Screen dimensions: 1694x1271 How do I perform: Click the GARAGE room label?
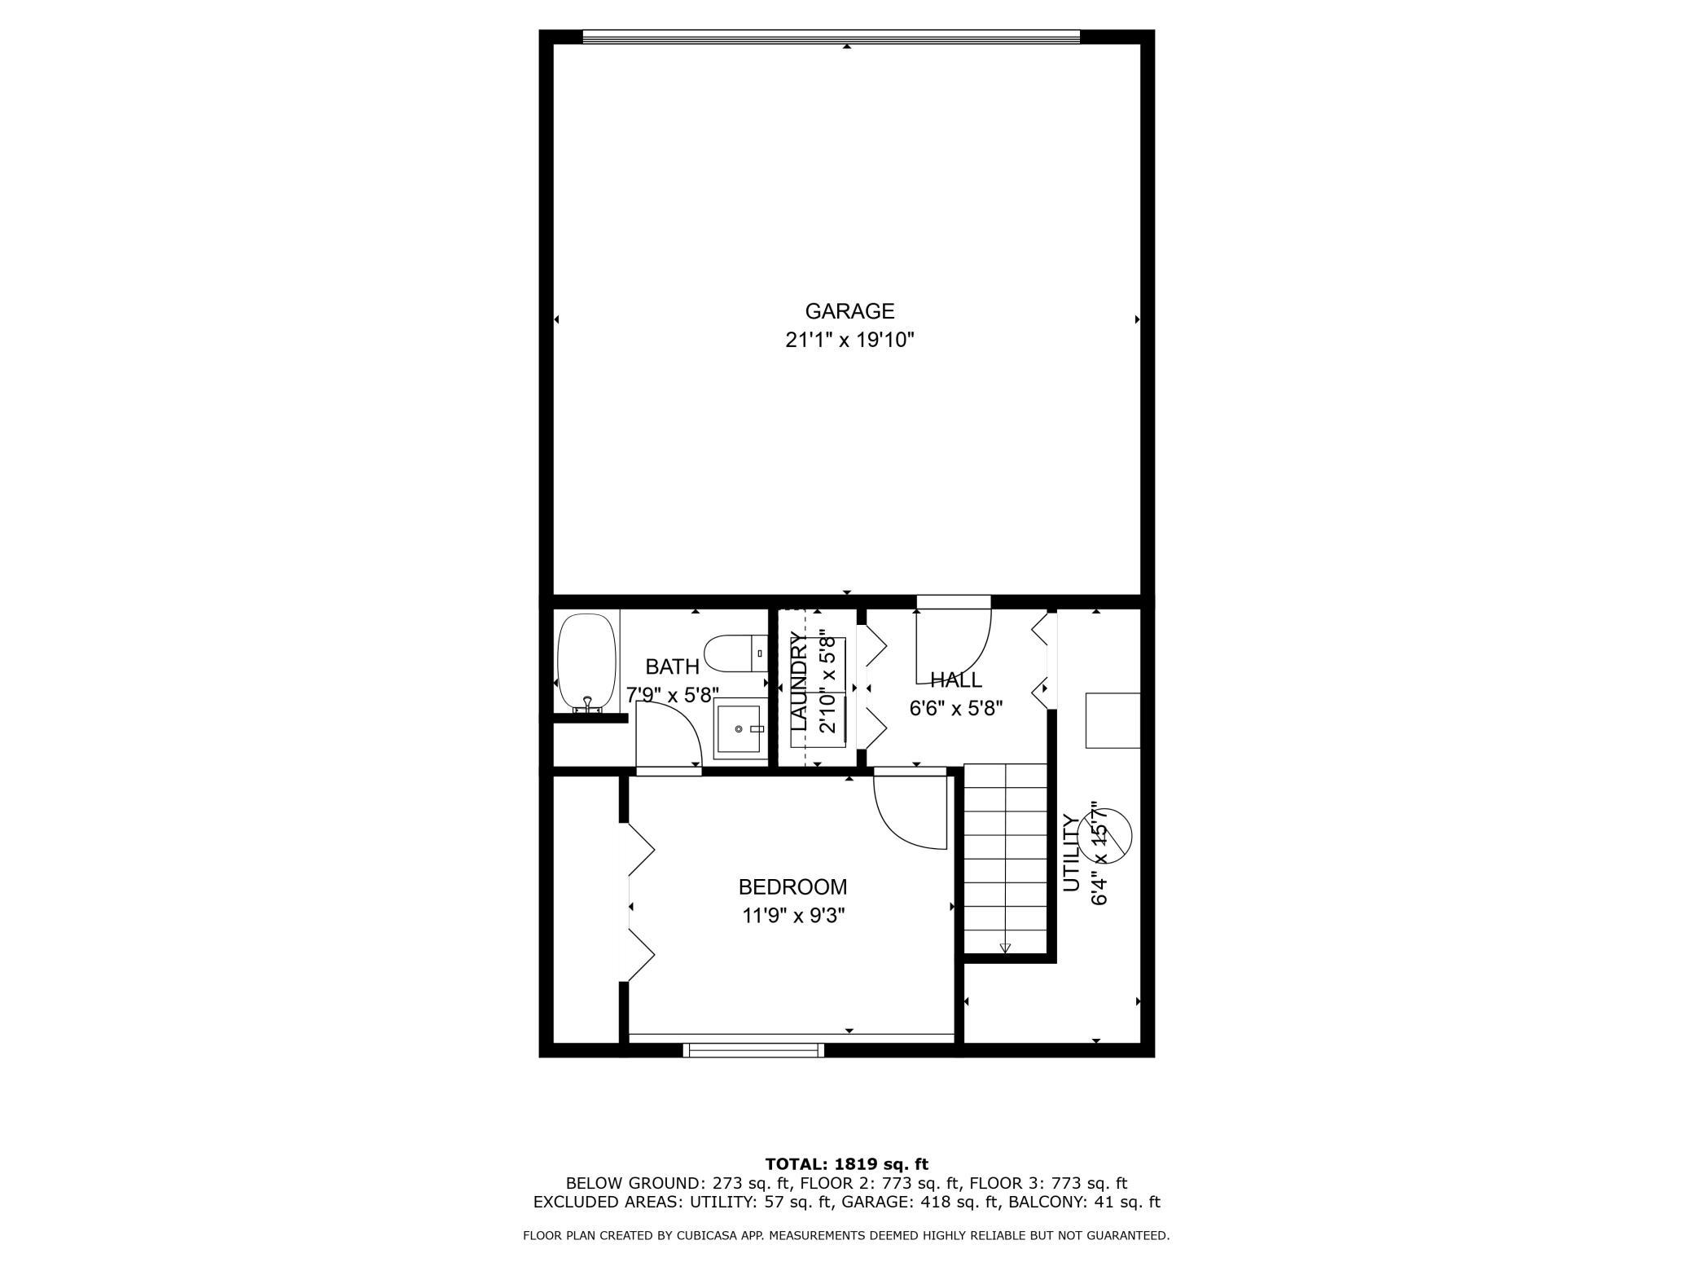[849, 311]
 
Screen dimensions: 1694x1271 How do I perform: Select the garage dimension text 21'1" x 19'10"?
[849, 341]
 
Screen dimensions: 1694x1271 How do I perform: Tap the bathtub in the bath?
[586, 662]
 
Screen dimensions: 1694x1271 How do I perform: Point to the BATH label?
[672, 667]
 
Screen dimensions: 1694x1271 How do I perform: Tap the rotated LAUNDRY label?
[799, 681]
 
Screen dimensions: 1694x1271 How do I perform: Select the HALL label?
[956, 679]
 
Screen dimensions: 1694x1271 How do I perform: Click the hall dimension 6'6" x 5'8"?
[956, 708]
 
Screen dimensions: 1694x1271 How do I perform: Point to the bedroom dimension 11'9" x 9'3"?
[792, 916]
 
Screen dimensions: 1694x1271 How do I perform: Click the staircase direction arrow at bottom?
[1005, 948]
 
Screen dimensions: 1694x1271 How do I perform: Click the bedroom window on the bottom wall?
[753, 1050]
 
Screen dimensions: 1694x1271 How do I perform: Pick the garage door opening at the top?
[832, 37]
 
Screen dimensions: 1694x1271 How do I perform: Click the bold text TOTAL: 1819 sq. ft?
[847, 1164]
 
